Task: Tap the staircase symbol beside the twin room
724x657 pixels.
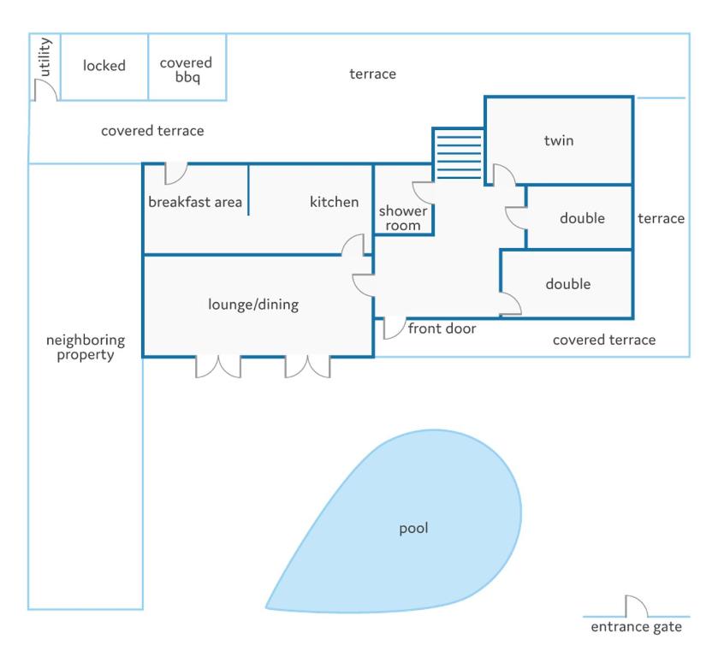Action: tap(458, 154)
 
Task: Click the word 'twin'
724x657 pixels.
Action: tap(559, 140)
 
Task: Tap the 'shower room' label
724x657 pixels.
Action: tap(402, 218)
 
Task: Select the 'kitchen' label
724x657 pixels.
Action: tap(334, 202)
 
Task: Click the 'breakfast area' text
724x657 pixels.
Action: tap(195, 202)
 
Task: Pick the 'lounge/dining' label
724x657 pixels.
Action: tap(253, 305)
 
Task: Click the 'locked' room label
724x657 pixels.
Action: tap(104, 66)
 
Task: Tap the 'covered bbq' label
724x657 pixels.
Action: tap(186, 69)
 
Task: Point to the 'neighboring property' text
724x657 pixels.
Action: tap(86, 347)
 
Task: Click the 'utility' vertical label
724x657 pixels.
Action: tap(45, 56)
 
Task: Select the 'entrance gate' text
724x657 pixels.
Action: tap(636, 627)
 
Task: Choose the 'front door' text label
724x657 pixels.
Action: tap(442, 328)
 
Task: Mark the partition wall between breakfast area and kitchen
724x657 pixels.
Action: tap(248, 189)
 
